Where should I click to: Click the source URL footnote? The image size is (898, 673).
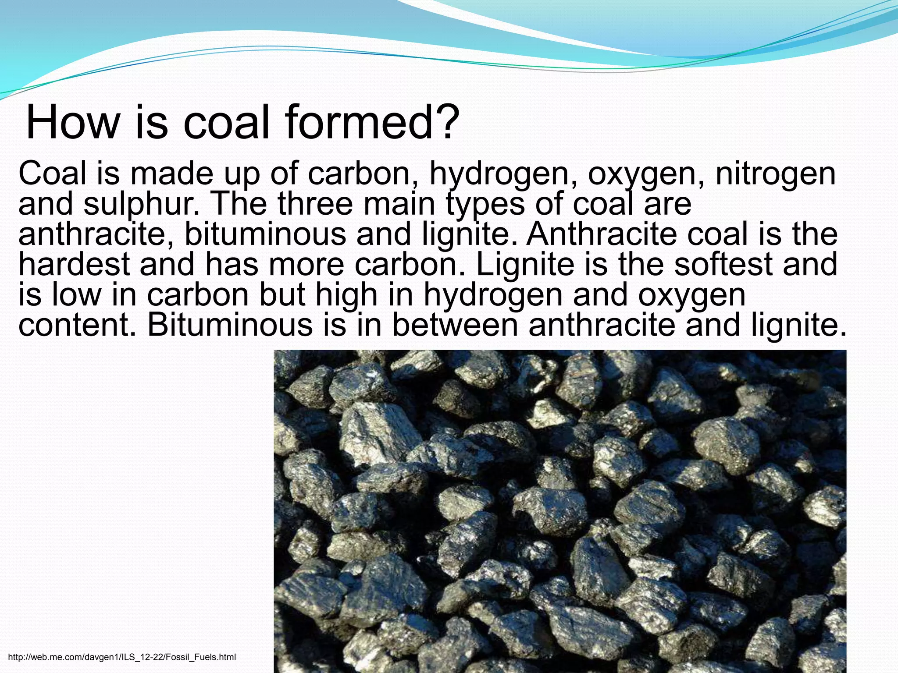click(122, 657)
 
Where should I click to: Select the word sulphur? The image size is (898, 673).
click(142, 205)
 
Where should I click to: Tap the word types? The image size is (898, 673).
click(485, 205)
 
